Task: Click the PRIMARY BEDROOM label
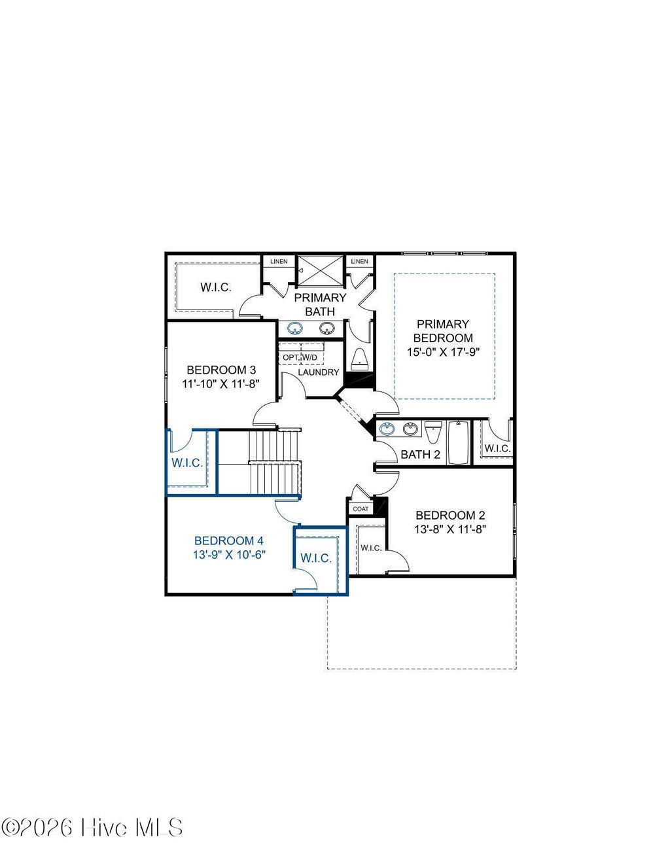(443, 331)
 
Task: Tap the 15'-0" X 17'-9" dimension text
(443, 352)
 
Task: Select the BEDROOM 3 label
(217, 370)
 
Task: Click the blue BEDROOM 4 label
(229, 541)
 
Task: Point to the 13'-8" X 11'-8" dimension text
(450, 529)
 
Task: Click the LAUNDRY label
(319, 372)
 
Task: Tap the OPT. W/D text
(300, 357)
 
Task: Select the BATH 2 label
(420, 455)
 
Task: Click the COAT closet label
(361, 509)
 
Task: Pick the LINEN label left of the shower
(279, 262)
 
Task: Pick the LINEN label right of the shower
(359, 262)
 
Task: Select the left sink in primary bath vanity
(296, 328)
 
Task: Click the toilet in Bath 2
(433, 432)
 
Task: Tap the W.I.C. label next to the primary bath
(216, 287)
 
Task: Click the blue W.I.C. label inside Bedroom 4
(316, 559)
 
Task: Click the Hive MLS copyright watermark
(92, 828)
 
